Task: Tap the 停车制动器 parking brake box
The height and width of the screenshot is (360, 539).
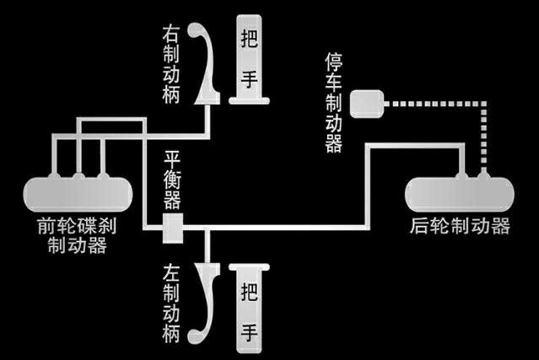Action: click(x=365, y=104)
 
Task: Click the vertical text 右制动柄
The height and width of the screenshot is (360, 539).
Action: click(x=173, y=63)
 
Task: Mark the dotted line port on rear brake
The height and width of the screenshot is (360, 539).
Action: click(x=483, y=175)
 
